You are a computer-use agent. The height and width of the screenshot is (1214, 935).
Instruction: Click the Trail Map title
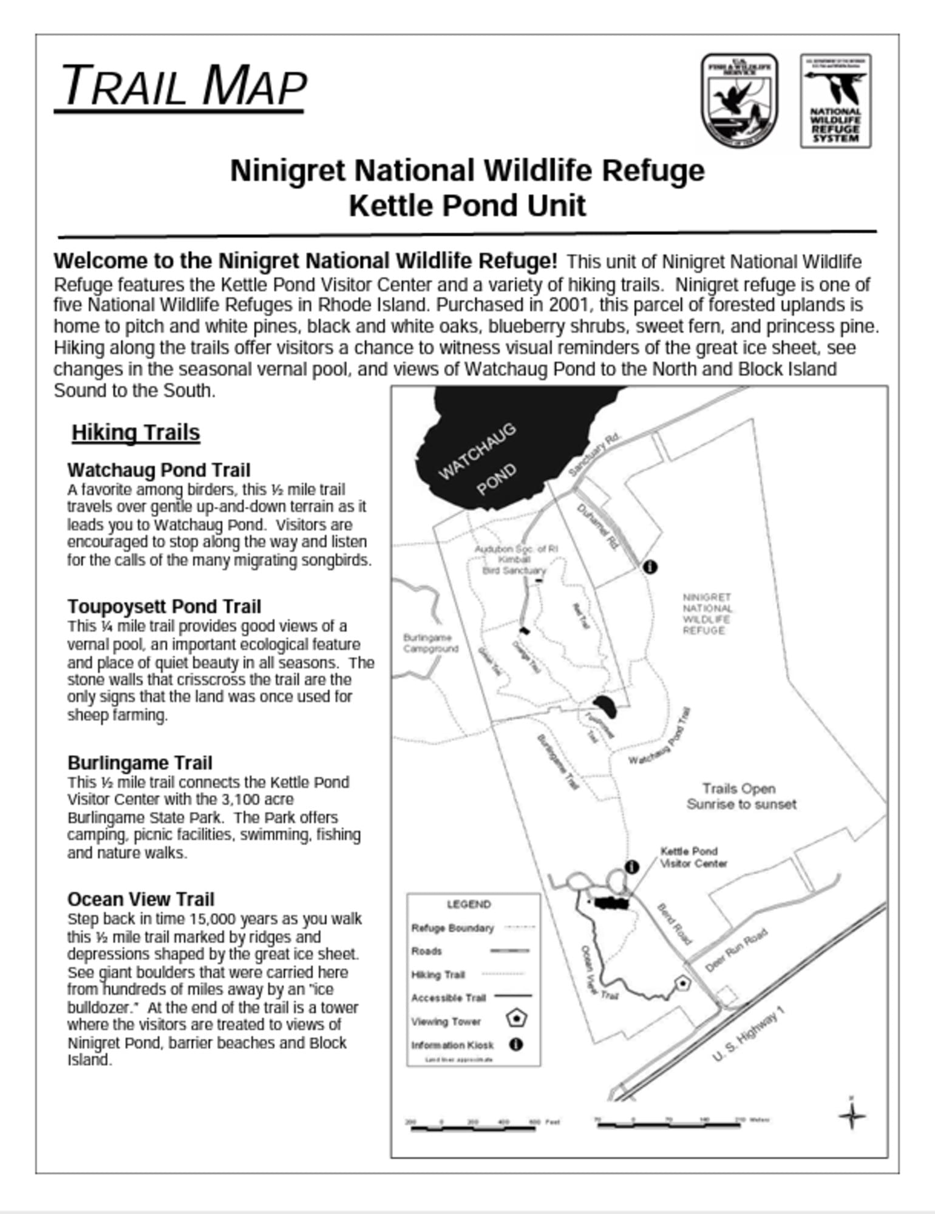point(182,86)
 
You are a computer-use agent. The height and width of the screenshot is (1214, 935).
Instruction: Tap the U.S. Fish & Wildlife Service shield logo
point(739,100)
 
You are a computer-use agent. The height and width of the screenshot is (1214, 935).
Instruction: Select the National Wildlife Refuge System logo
point(835,101)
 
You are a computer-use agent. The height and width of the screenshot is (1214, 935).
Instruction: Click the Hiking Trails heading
point(136,433)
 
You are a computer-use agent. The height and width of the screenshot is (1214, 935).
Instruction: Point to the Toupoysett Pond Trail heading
point(164,606)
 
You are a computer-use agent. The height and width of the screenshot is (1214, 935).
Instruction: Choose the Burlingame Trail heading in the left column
point(140,762)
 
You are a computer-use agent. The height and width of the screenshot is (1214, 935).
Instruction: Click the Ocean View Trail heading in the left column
point(141,899)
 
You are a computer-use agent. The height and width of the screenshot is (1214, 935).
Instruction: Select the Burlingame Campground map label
point(430,643)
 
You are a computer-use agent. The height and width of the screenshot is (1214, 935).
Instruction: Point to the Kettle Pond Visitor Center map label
point(692,857)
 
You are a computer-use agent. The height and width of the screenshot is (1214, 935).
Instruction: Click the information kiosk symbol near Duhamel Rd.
point(650,567)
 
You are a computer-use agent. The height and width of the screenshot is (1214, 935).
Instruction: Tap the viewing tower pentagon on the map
point(683,983)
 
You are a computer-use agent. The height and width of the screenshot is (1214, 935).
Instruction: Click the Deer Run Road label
point(736,951)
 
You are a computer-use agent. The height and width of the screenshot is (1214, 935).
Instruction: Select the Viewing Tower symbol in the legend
point(516,1019)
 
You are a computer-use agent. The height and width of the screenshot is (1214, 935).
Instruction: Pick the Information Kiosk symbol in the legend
point(516,1045)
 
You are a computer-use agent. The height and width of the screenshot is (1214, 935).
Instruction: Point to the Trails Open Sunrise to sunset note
point(741,796)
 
